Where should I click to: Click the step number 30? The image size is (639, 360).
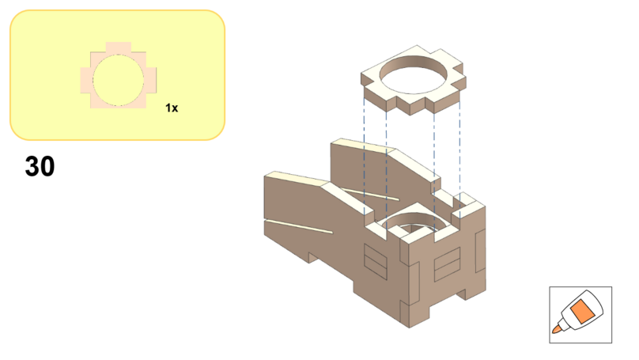40,166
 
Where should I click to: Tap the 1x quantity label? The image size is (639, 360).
172,108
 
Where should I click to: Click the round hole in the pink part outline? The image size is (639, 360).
118,81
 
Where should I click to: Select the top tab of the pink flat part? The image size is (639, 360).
118,47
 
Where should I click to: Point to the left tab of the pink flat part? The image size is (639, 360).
85,81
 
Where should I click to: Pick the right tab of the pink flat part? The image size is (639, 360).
151,81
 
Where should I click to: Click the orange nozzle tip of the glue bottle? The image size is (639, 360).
556,328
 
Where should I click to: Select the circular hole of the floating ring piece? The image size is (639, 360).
414,75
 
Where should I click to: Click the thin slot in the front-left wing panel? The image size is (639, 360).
299,227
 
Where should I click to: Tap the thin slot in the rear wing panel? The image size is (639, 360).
370,194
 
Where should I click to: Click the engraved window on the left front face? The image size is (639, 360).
376,262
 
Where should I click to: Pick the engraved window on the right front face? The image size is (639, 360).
447,264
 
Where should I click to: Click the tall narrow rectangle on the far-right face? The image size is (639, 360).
480,251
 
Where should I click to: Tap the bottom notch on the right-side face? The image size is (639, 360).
461,294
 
